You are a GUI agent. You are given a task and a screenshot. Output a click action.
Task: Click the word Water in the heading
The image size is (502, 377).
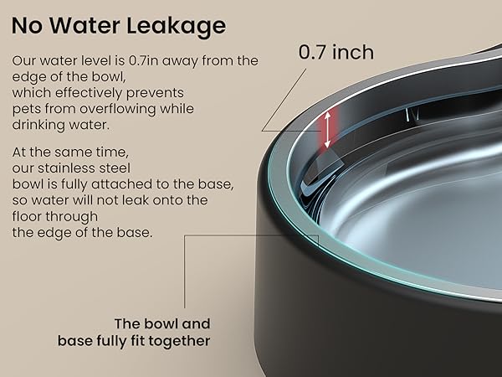pyautogui.click(x=93, y=26)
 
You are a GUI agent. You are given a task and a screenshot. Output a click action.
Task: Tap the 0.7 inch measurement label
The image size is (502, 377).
pyautogui.click(x=336, y=52)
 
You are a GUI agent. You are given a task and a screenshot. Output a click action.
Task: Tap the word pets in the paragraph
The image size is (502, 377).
pyautogui.click(x=25, y=109)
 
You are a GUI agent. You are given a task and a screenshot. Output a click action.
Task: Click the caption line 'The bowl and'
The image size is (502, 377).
pyautogui.click(x=162, y=323)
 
